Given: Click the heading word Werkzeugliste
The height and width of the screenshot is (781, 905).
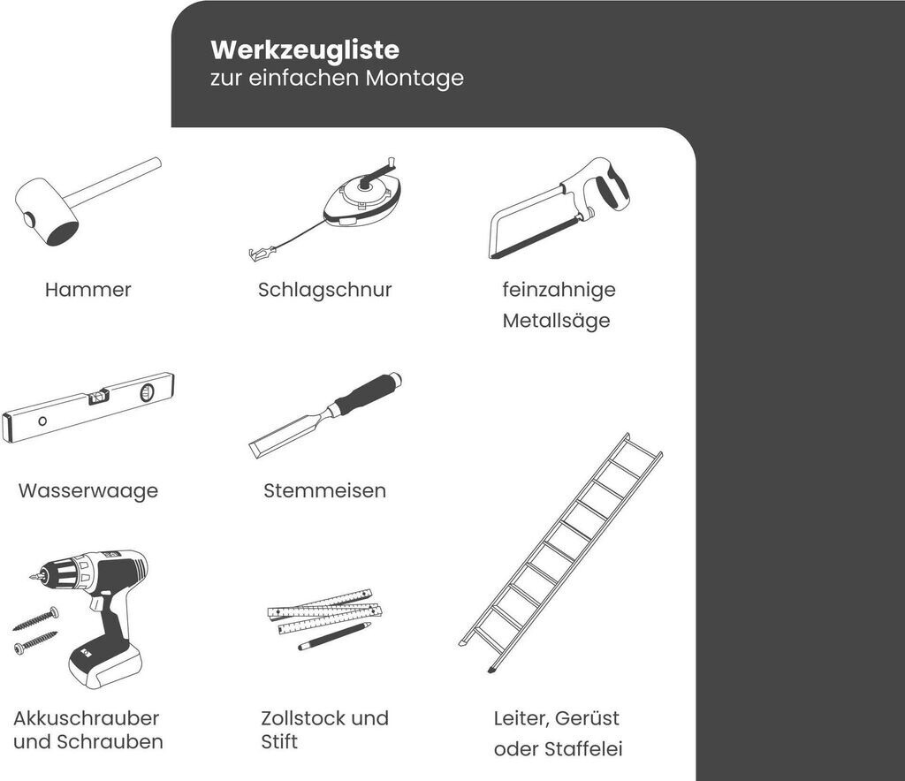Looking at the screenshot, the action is (x=305, y=50).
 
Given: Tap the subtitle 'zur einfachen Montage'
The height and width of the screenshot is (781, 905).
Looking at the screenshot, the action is (x=337, y=78).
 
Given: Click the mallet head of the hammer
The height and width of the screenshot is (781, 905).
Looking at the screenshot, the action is (x=46, y=212).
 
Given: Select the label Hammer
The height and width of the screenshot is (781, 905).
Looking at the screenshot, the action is (x=87, y=290).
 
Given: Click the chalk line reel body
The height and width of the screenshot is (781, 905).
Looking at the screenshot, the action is (x=363, y=201).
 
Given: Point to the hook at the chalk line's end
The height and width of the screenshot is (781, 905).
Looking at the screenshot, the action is (x=262, y=253).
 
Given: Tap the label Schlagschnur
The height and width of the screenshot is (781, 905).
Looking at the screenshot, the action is (x=325, y=290).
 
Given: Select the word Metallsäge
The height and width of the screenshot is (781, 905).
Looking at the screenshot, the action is (x=557, y=321).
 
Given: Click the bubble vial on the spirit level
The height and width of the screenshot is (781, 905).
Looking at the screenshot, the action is (x=99, y=395).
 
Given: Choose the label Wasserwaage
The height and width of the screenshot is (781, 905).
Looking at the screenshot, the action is (x=88, y=491).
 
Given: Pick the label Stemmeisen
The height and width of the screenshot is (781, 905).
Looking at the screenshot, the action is (x=325, y=491).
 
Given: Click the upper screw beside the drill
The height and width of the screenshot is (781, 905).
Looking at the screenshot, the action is (x=35, y=618).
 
